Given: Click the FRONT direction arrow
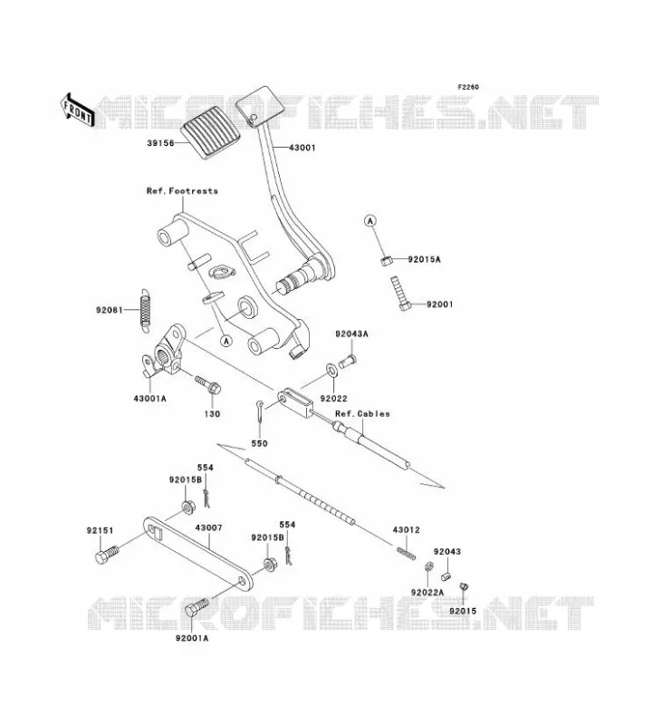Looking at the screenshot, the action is click(x=77, y=110).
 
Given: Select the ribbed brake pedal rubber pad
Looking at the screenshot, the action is click(x=212, y=132).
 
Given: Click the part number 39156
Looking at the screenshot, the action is click(x=160, y=143).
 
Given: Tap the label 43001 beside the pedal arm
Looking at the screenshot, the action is click(x=302, y=148).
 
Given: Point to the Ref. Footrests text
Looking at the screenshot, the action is click(x=182, y=191).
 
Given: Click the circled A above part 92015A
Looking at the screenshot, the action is click(x=370, y=221).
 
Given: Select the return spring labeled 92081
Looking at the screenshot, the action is click(x=146, y=310).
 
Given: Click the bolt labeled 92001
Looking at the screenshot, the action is click(x=401, y=294).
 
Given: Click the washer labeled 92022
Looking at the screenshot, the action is click(x=331, y=369).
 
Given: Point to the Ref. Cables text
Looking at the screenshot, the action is click(x=362, y=414).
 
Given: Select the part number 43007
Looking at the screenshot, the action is click(x=208, y=528).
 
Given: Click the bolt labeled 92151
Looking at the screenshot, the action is click(x=107, y=555).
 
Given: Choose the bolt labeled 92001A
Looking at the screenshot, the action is click(x=197, y=607).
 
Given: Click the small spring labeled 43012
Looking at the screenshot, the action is click(x=407, y=552).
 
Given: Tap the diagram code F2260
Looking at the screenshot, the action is click(x=468, y=87).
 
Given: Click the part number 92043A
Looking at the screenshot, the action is click(x=351, y=333).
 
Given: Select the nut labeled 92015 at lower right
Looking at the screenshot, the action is click(x=464, y=587).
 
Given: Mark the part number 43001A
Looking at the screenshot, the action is click(x=149, y=398).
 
